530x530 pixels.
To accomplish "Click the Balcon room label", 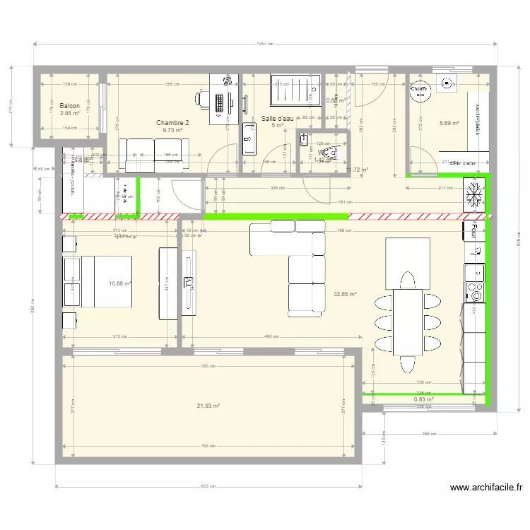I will pyautogui.click(x=70, y=105).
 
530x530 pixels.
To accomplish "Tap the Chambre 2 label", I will pyautogui.click(x=172, y=122).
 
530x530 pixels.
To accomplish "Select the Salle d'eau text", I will pyautogui.click(x=277, y=118).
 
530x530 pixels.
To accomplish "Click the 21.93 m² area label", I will pyautogui.click(x=208, y=406).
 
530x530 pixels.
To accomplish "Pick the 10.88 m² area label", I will pyautogui.click(x=120, y=283).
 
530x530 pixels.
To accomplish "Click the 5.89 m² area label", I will pyautogui.click(x=449, y=123).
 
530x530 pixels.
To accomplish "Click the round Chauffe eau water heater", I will pyautogui.click(x=419, y=90).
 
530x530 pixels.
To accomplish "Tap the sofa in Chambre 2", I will pyautogui.click(x=153, y=154).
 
